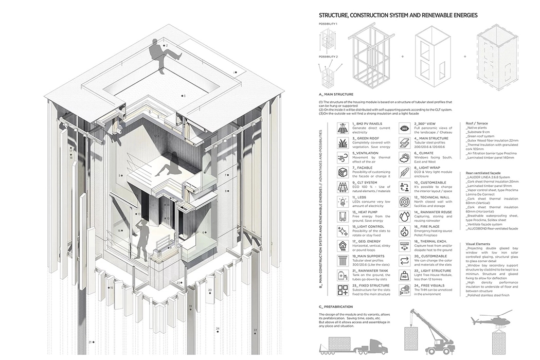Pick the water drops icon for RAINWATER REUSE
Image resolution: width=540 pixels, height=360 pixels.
(405, 216)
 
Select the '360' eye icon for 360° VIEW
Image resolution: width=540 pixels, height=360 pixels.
(405, 128)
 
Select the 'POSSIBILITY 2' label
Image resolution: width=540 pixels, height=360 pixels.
(328, 56)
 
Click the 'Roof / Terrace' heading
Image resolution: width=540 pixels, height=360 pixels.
(478, 123)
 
